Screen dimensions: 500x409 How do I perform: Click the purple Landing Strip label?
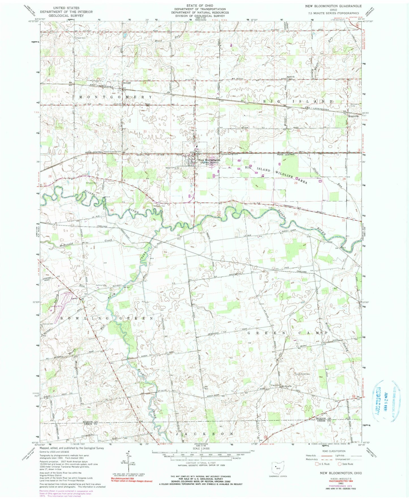(x=57, y=306)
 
